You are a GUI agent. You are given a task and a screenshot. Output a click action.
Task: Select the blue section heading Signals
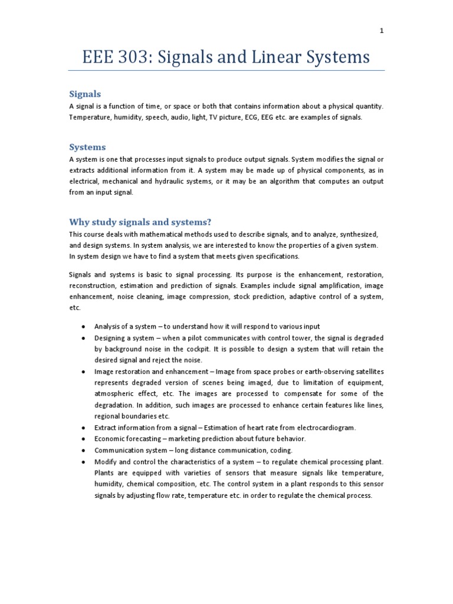[x=85, y=94]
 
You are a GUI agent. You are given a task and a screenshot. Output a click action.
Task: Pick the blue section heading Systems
[x=87, y=147]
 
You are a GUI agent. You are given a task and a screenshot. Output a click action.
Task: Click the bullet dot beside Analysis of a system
[x=83, y=326]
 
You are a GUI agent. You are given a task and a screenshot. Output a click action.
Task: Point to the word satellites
[x=363, y=371]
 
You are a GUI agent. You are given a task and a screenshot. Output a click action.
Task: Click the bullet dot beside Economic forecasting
[x=83, y=438]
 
